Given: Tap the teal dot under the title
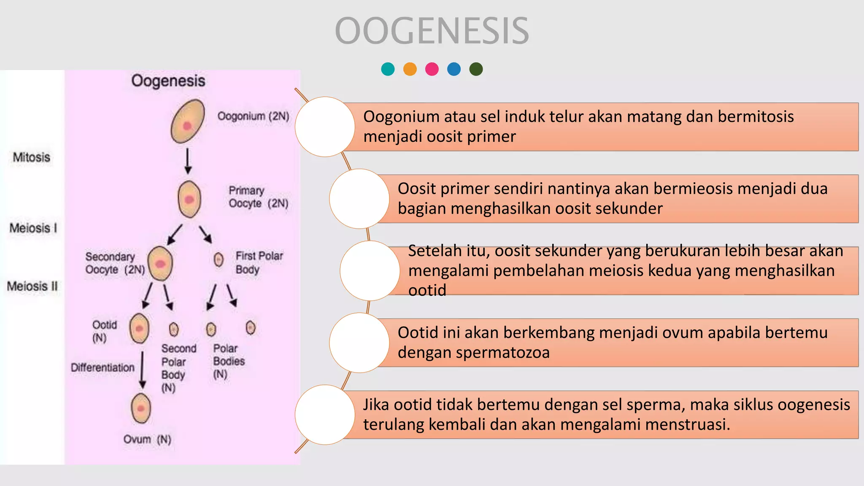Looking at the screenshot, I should click(388, 69).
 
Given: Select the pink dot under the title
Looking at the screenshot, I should click(432, 69).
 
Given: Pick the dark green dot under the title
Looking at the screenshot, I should click(476, 69).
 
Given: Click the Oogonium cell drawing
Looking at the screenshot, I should click(188, 121).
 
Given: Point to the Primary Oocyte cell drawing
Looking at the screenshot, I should click(189, 199).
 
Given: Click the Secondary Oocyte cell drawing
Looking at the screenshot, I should click(160, 264).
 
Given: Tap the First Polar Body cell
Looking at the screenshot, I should click(219, 259).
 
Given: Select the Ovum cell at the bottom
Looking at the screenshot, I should click(141, 408).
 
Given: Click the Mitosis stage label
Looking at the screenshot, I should click(32, 157).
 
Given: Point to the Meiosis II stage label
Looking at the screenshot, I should click(32, 286).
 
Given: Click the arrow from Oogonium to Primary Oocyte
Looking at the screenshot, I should click(188, 161).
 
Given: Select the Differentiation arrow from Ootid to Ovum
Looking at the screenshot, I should click(143, 370).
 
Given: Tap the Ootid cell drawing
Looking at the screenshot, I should click(139, 328).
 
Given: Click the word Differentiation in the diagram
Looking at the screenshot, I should click(103, 367).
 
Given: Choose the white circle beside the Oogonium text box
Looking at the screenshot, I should click(325, 127).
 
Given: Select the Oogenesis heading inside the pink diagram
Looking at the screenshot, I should click(168, 81).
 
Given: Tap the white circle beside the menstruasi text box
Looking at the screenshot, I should click(325, 414).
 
